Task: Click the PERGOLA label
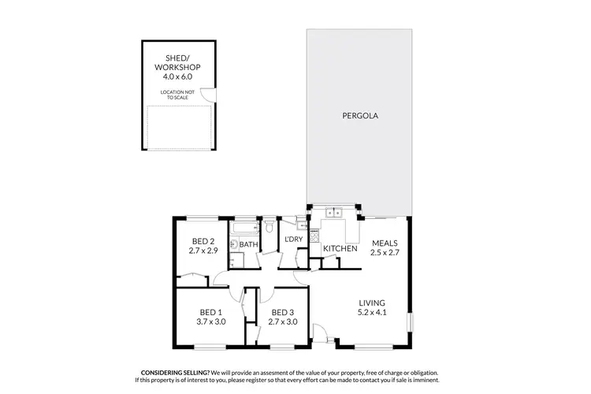point(360,116)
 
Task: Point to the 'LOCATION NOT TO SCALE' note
point(179,95)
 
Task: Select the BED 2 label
point(203,241)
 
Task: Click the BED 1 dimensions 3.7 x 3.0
point(212,322)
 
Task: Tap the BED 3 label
point(281,311)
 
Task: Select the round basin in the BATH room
point(234,244)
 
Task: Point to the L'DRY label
point(294,239)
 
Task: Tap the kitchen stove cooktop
point(314,235)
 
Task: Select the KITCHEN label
point(340,249)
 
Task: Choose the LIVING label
point(371,303)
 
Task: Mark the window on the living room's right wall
point(409,324)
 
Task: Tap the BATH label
point(249,245)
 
